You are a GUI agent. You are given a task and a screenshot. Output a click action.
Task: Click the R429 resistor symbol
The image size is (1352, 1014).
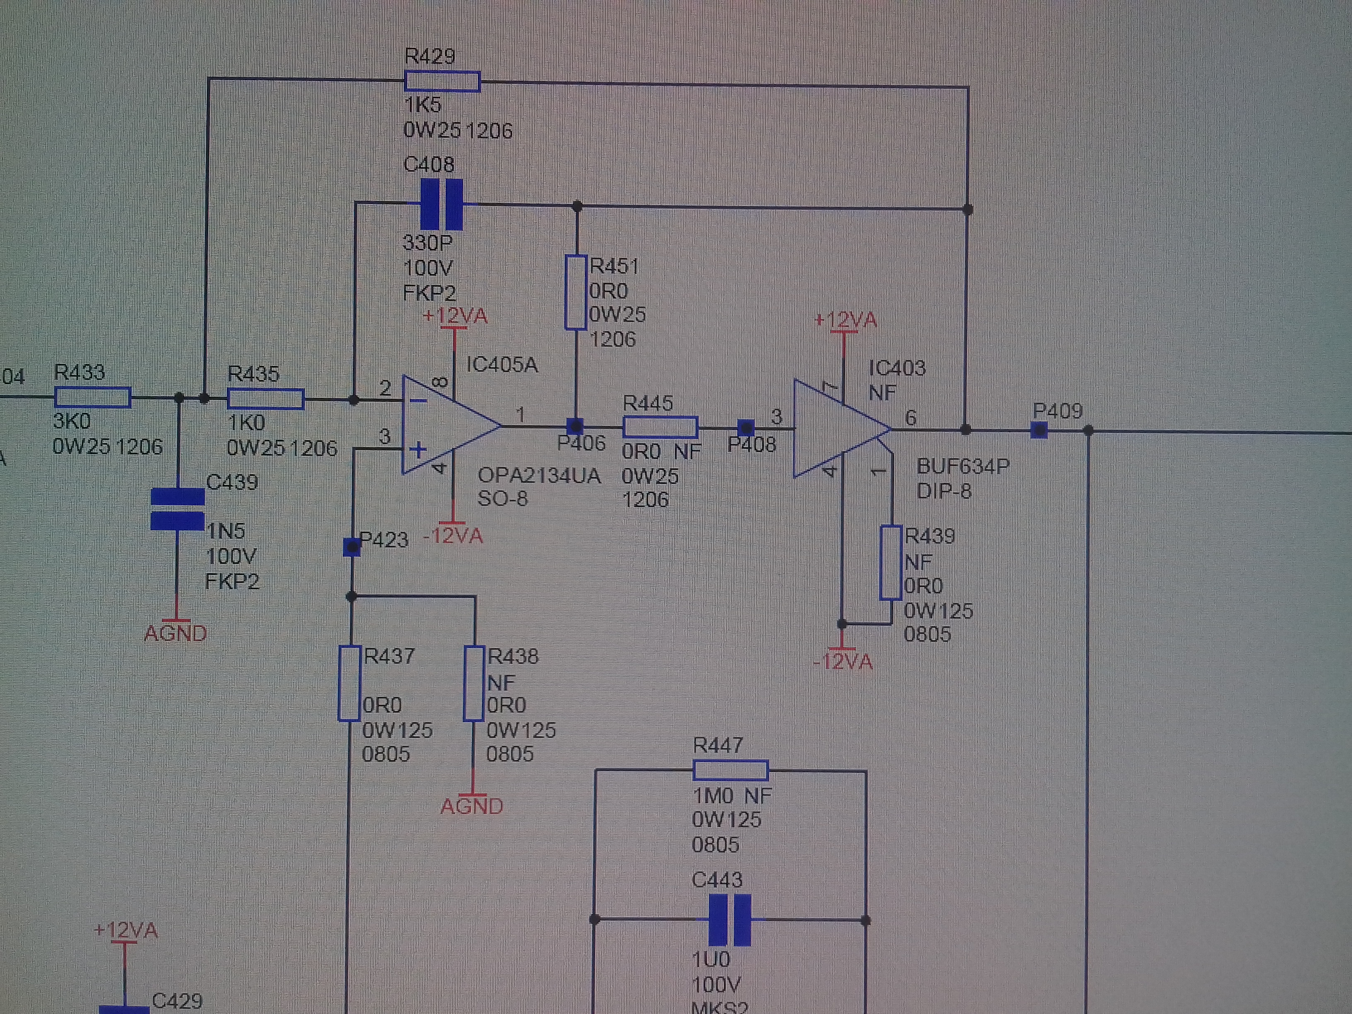click(442, 81)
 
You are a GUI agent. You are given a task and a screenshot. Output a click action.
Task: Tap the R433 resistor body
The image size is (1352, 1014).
click(93, 397)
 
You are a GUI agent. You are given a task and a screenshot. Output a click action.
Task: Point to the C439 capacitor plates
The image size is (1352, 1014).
click(177, 509)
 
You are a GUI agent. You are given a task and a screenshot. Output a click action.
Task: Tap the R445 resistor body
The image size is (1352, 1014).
click(660, 427)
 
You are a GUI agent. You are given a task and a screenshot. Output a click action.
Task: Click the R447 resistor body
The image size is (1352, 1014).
click(730, 770)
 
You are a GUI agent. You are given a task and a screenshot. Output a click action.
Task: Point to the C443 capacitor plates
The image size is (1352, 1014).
click(729, 919)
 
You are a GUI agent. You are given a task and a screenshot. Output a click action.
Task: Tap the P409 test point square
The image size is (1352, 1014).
click(1039, 430)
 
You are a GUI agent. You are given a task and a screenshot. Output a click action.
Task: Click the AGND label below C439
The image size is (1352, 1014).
click(175, 633)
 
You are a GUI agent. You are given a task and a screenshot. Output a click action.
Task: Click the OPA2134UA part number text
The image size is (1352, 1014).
click(539, 476)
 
